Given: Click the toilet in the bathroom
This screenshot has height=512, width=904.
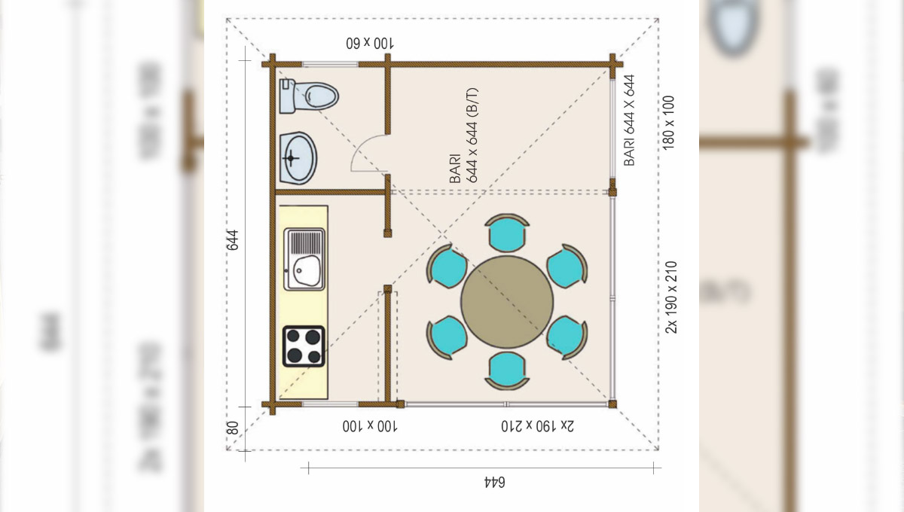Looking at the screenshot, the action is tap(309, 96).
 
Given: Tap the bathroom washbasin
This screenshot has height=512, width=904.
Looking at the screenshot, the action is tap(298, 158).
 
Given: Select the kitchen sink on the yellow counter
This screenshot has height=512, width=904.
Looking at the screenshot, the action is tap(304, 259).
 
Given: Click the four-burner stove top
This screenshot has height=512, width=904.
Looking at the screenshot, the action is tap(304, 346).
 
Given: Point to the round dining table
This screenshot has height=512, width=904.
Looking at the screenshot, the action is tap(507, 302).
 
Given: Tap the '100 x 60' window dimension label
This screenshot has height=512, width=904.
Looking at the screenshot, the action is tap(370, 43).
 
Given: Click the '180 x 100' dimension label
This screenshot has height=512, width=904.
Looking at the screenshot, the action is tap(668, 123).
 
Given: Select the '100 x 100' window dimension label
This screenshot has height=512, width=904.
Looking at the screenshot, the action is tap(370, 426).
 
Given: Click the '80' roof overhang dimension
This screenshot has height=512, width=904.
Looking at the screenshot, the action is tap(233, 428).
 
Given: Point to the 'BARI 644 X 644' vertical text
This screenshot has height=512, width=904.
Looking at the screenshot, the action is tap(629, 120).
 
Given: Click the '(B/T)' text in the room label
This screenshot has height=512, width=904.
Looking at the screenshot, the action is tap(472, 102).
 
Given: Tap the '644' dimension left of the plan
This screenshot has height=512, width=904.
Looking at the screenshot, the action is tap(233, 240).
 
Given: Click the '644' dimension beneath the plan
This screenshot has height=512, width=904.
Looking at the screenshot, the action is tap(494, 482).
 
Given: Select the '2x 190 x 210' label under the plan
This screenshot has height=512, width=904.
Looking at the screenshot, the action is tap(537, 426).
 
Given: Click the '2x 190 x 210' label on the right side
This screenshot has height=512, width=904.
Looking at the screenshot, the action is tap(670, 297).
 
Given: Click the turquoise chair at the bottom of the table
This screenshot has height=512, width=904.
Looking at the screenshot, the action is tap(507, 371).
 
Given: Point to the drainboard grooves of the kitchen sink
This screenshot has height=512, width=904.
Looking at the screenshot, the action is tap(306, 242).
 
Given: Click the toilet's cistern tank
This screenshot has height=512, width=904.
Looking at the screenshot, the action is tap(287, 96).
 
